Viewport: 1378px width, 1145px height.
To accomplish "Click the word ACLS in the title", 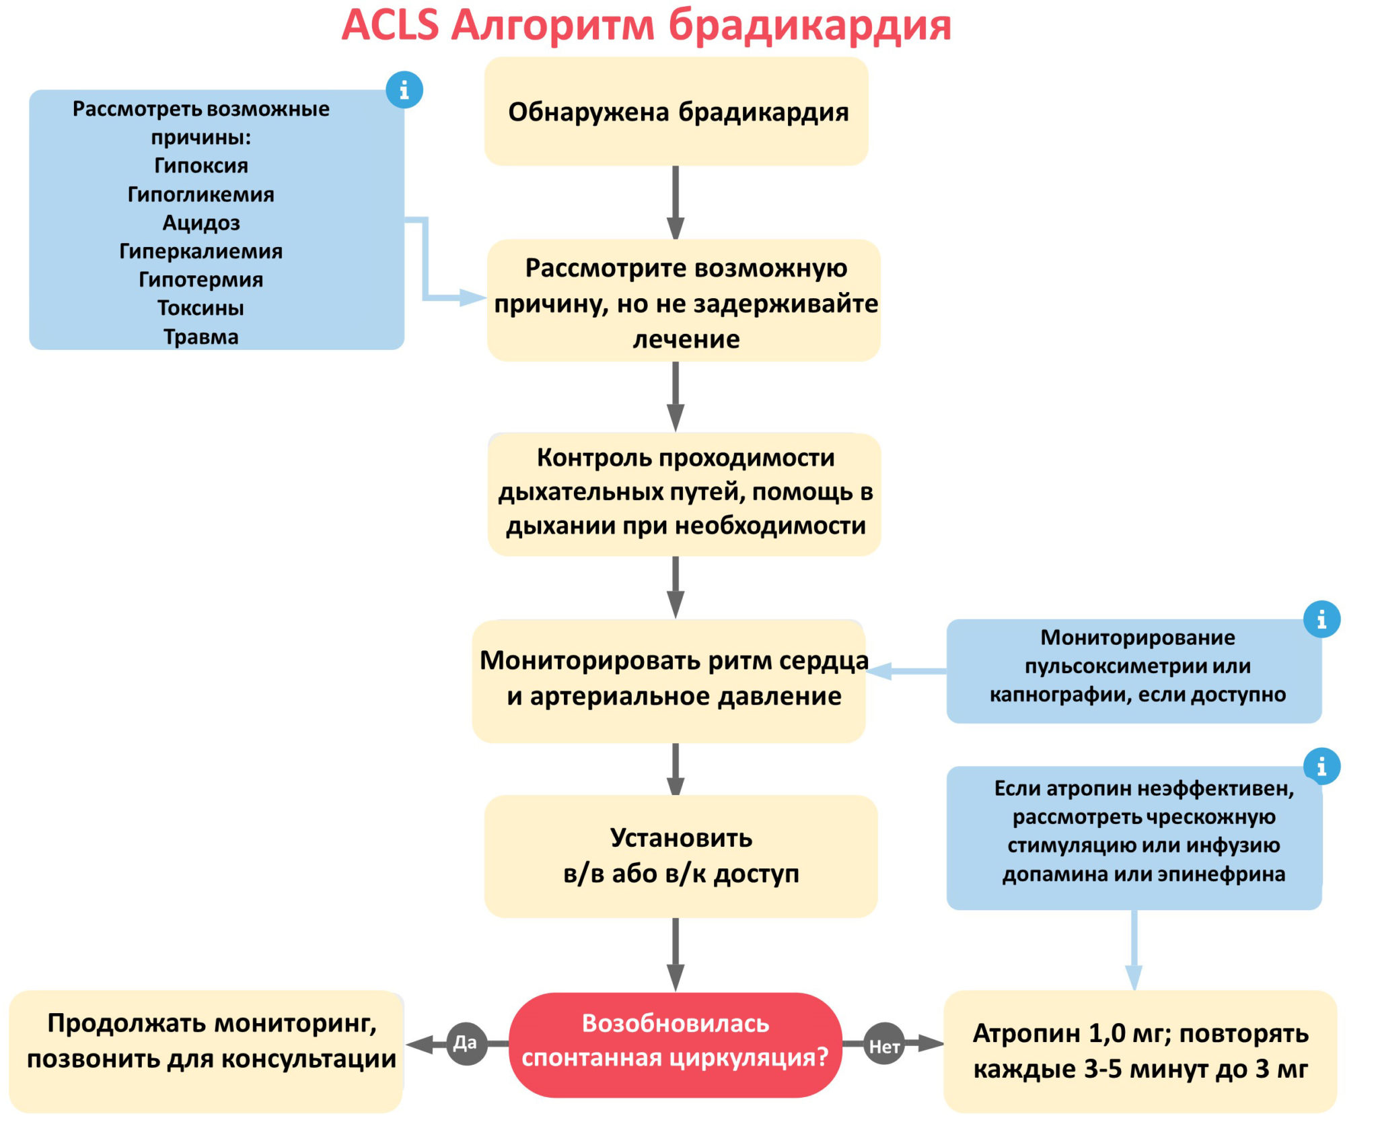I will pos(390,26).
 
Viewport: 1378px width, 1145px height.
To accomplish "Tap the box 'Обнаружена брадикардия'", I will pos(676,112).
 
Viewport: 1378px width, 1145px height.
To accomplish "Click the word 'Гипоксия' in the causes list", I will pos(201,166).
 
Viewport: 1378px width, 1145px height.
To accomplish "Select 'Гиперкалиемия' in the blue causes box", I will pos(201,251).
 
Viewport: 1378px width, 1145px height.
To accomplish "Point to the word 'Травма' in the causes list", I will pos(201,337).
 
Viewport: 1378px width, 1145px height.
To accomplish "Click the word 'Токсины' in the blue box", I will pos(201,308).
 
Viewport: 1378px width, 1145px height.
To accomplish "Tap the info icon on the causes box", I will pos(404,90).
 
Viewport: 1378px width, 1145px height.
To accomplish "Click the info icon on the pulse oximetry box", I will pos(1321,619).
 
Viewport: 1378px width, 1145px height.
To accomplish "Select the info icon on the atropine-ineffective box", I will pos(1321,766).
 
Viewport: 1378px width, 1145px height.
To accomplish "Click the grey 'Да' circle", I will pos(466,1043).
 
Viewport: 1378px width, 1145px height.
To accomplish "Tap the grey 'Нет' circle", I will pos(884,1045).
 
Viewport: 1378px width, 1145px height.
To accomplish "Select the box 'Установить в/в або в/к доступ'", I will pos(681,856).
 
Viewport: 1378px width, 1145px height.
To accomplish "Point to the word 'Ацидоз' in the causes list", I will pos(201,223).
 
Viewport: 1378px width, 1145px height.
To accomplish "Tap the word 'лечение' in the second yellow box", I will pos(686,339).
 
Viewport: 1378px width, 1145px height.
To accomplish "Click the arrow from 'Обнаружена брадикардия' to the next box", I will pos(676,202).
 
